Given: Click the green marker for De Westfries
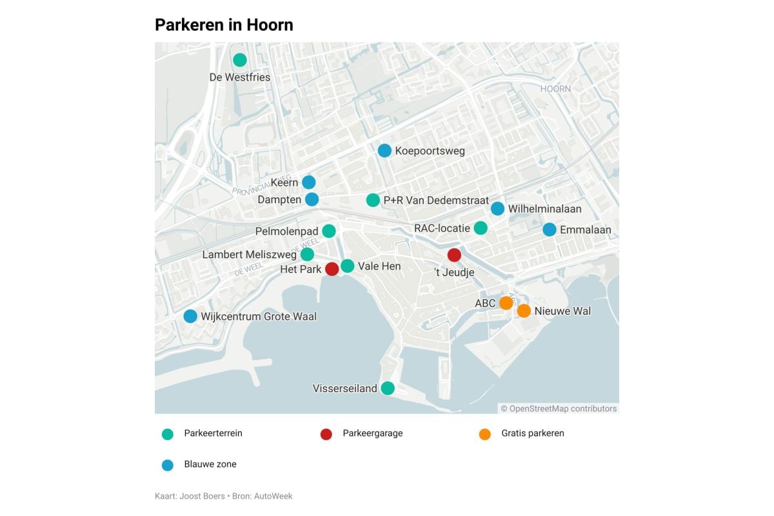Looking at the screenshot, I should [x=240, y=60].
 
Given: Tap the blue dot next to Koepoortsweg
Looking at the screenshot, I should [x=384, y=150].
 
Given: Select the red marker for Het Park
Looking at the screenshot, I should [x=332, y=269].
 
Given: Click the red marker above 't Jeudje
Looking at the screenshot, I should [x=454, y=255].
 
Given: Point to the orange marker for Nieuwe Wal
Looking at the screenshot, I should [x=524, y=311].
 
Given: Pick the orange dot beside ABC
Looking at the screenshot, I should [x=506, y=303].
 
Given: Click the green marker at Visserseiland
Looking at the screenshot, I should [x=388, y=388].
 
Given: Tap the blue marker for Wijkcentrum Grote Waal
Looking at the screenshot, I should [x=190, y=316].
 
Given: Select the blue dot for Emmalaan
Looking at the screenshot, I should [x=550, y=230].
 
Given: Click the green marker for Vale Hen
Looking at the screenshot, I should [x=348, y=266].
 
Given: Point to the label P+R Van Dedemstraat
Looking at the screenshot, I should [x=436, y=201].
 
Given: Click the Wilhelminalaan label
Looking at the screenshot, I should [x=544, y=209].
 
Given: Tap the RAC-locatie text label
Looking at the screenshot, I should [x=442, y=228].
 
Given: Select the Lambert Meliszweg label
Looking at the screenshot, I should [x=249, y=255].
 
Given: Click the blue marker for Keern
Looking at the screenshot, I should [x=309, y=183].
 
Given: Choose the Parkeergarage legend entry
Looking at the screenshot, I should [x=372, y=433].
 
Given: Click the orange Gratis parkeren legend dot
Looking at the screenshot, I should [x=485, y=434].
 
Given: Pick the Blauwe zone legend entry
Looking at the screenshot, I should [x=210, y=464].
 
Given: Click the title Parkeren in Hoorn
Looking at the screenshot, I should [x=224, y=25].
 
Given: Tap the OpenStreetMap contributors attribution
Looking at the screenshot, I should [x=559, y=408].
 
